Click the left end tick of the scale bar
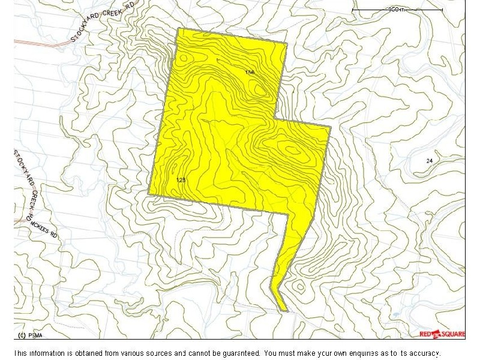click(352, 10)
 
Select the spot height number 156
click(250, 72)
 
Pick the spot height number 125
click(181, 180)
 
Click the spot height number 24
click(429, 161)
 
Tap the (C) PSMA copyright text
click(29, 334)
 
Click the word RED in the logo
click(425, 334)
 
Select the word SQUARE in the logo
click(452, 334)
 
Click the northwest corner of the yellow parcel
click(178, 28)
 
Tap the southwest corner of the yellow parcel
click(149, 193)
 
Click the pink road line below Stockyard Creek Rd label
click(42, 43)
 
